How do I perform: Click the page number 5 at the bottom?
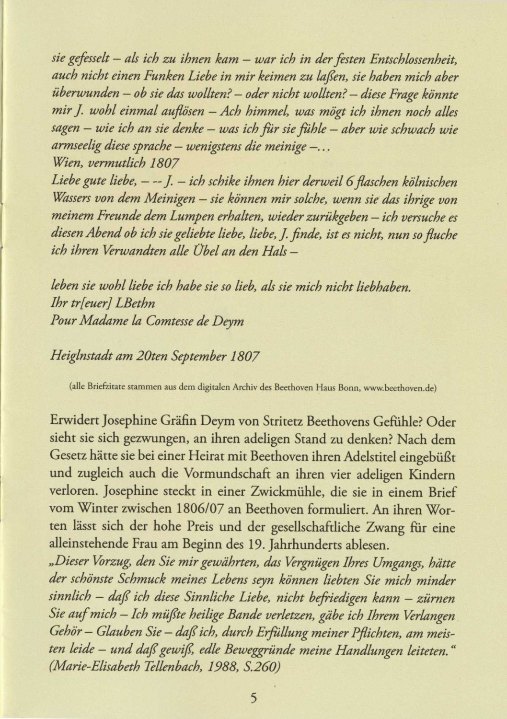click(253, 697)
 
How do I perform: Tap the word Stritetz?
click(283, 422)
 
